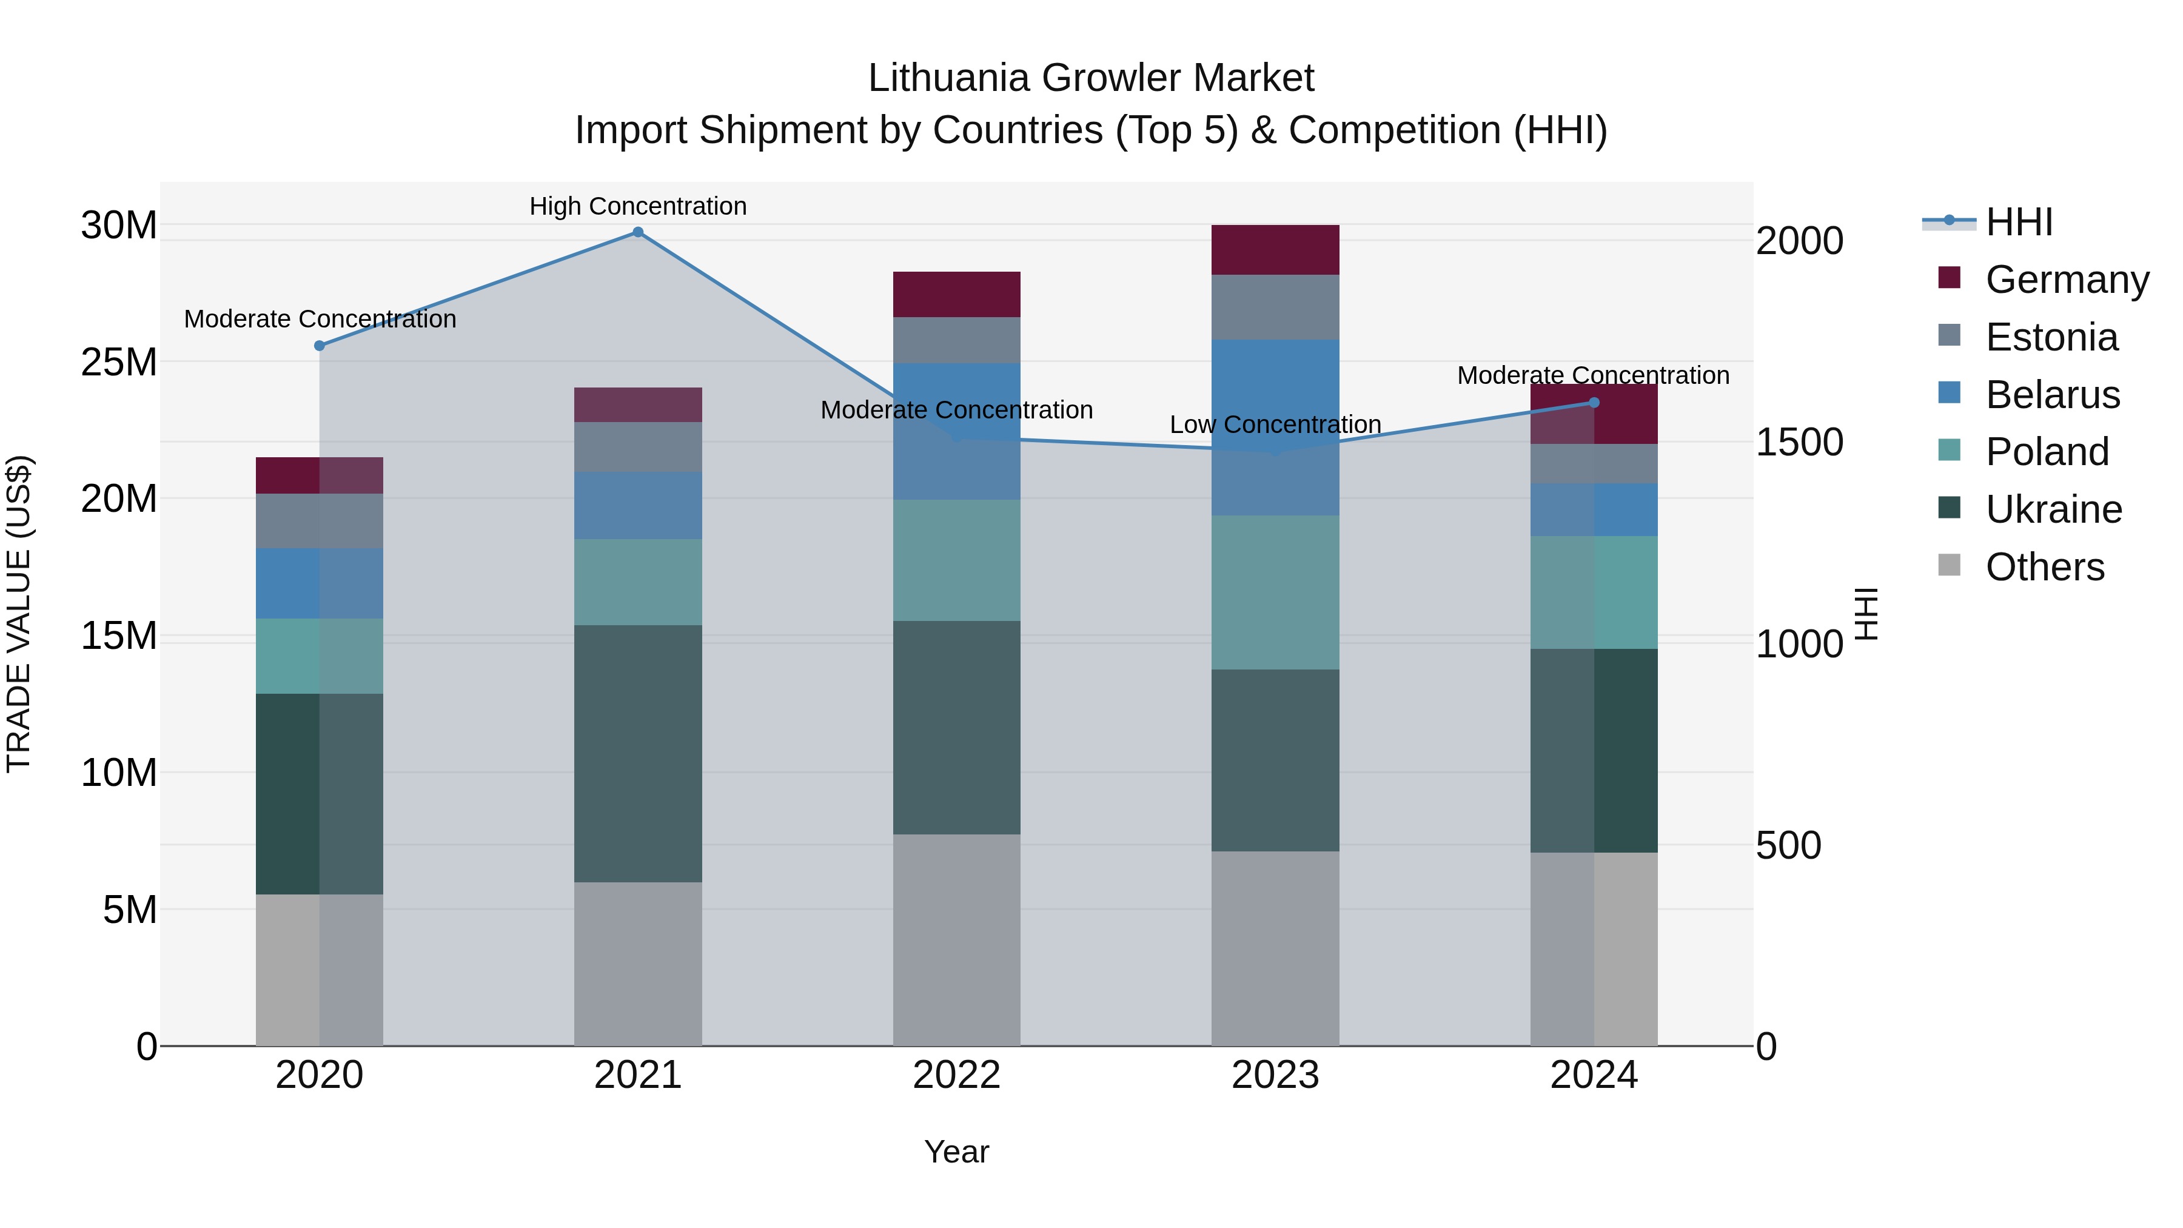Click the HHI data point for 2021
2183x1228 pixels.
click(x=638, y=232)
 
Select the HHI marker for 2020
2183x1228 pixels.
click(x=320, y=346)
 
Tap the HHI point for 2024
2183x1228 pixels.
click(x=1594, y=403)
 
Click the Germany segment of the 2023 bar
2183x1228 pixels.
click(x=1275, y=250)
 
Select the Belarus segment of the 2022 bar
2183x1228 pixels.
click(x=957, y=431)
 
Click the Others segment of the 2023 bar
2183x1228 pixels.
click(x=1275, y=948)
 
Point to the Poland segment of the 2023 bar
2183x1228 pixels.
click(x=1275, y=592)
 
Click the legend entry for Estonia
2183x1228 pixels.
click(x=2051, y=337)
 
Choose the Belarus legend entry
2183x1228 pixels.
click(x=2051, y=395)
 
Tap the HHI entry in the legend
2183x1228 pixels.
click(x=2019, y=222)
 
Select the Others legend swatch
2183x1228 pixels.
click(x=1949, y=565)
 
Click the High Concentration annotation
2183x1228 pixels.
click(x=638, y=206)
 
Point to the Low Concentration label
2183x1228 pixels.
click(x=1275, y=424)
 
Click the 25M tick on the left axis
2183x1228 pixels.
click(x=119, y=363)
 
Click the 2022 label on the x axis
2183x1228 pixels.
click(x=957, y=1075)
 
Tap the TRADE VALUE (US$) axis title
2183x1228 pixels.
click(x=19, y=614)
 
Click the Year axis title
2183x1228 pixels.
click(x=957, y=1152)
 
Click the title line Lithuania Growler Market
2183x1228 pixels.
click(x=1091, y=78)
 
